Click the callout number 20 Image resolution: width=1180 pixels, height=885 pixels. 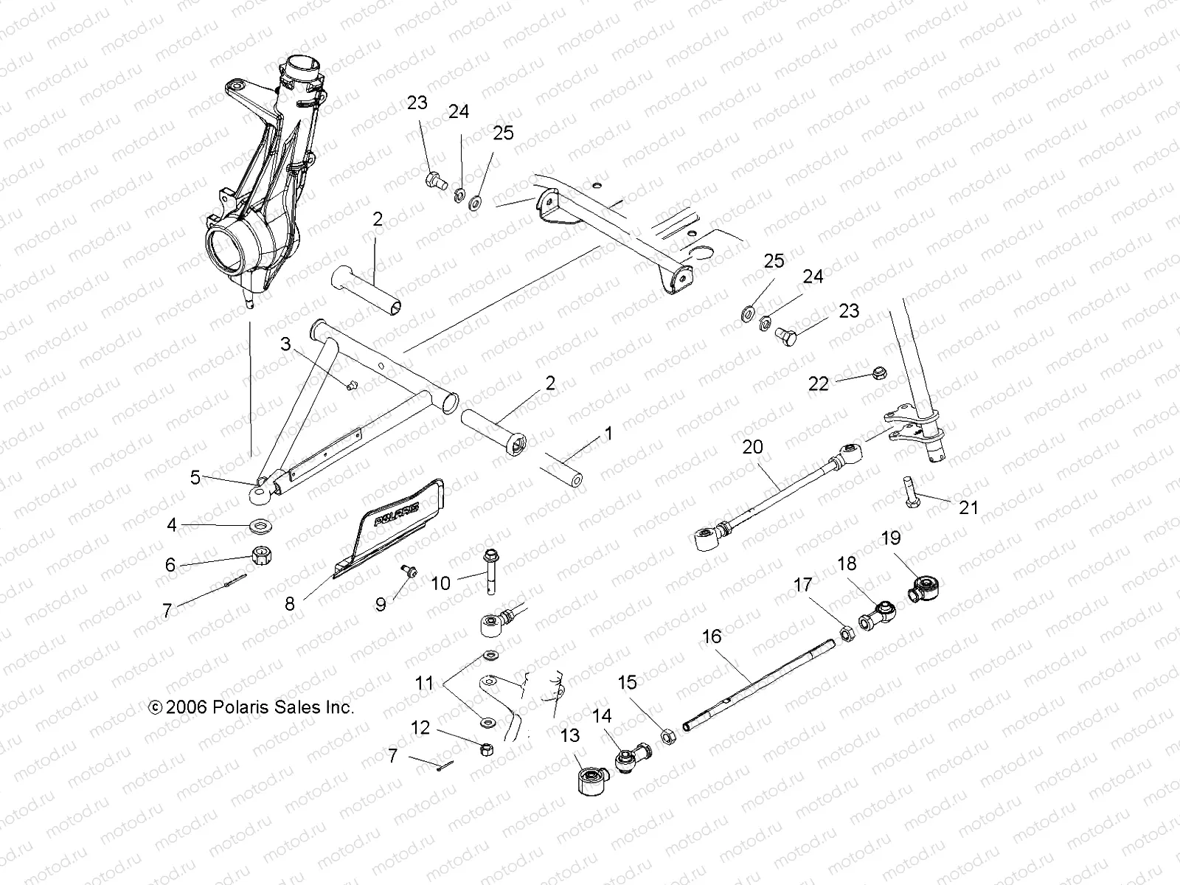(752, 448)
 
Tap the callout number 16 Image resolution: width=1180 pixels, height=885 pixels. (712, 636)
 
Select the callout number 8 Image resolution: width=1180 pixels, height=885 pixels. (290, 604)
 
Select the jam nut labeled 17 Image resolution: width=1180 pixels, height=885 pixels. (847, 632)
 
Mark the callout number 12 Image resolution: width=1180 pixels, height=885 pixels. (420, 728)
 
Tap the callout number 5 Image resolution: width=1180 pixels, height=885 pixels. (195, 477)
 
